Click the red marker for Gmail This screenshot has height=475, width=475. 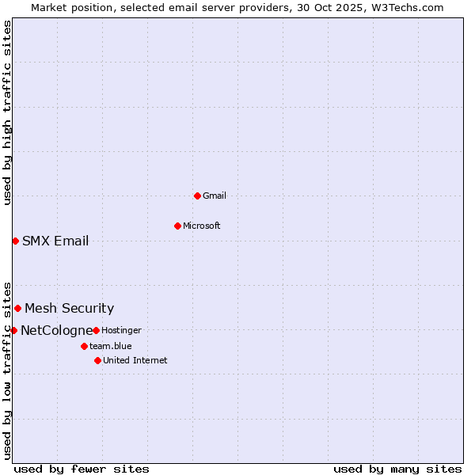click(x=197, y=196)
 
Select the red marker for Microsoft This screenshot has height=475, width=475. click(x=177, y=226)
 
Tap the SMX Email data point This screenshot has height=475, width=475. click(x=15, y=241)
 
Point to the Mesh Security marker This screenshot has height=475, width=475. click(x=17, y=308)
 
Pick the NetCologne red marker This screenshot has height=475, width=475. click(x=13, y=330)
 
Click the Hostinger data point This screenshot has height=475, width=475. click(x=96, y=330)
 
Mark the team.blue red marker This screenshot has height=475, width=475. click(x=84, y=346)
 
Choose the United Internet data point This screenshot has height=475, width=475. click(x=97, y=360)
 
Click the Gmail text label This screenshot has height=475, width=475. click(x=215, y=196)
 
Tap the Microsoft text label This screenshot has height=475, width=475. click(x=202, y=226)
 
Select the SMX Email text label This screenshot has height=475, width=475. click(x=55, y=241)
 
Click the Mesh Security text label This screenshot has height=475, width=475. click(x=69, y=308)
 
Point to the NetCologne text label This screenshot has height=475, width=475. click(x=56, y=330)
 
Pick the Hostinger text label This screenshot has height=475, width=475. click(x=121, y=330)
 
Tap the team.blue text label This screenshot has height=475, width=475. click(x=111, y=346)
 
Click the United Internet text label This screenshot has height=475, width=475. click(x=135, y=360)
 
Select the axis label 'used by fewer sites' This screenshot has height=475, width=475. click(x=82, y=469)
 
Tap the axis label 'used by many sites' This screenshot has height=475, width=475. click(x=397, y=469)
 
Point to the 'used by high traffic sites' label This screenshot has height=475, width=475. click(x=7, y=112)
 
